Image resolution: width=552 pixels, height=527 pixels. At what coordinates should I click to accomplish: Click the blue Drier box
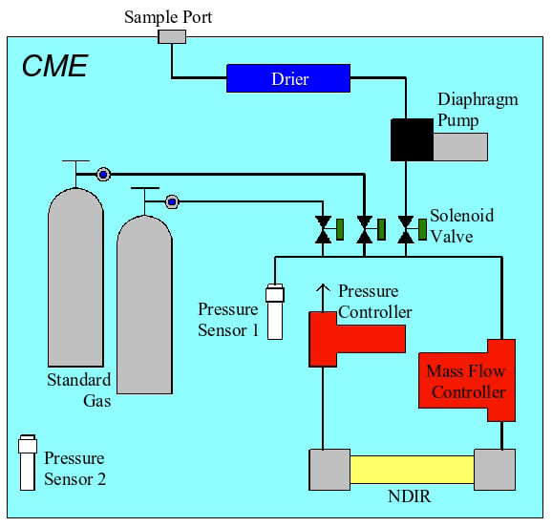(288, 78)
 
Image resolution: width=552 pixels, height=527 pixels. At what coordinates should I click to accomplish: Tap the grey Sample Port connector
(172, 36)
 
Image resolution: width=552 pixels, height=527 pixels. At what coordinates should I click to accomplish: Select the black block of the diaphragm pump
(412, 139)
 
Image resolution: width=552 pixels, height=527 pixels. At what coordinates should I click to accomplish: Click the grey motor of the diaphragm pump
(460, 147)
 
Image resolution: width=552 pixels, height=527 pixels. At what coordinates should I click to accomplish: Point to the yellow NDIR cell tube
(412, 470)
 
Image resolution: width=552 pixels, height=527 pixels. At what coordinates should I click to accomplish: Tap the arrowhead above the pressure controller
(323, 288)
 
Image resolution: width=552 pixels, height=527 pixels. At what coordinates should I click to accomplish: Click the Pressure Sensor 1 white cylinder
(275, 311)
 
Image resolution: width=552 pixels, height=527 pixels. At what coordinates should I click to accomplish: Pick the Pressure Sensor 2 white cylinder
(28, 463)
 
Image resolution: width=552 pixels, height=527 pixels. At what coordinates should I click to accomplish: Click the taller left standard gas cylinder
(75, 277)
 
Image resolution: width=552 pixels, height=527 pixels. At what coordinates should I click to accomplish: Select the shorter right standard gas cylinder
(145, 305)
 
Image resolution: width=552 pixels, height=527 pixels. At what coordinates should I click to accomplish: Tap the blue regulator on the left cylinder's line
(103, 175)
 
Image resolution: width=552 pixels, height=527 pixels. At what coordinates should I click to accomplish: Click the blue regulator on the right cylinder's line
(172, 202)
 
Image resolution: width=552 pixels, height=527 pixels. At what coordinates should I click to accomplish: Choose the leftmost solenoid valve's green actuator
(340, 229)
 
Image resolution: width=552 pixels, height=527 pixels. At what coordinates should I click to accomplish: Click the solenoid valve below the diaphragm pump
(406, 229)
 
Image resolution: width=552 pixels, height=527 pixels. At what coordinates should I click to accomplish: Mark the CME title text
(55, 66)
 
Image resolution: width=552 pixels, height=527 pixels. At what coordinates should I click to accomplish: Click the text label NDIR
(409, 496)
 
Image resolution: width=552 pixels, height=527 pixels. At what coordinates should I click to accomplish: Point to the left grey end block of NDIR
(329, 470)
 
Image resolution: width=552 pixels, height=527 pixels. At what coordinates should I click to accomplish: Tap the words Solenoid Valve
(461, 225)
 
